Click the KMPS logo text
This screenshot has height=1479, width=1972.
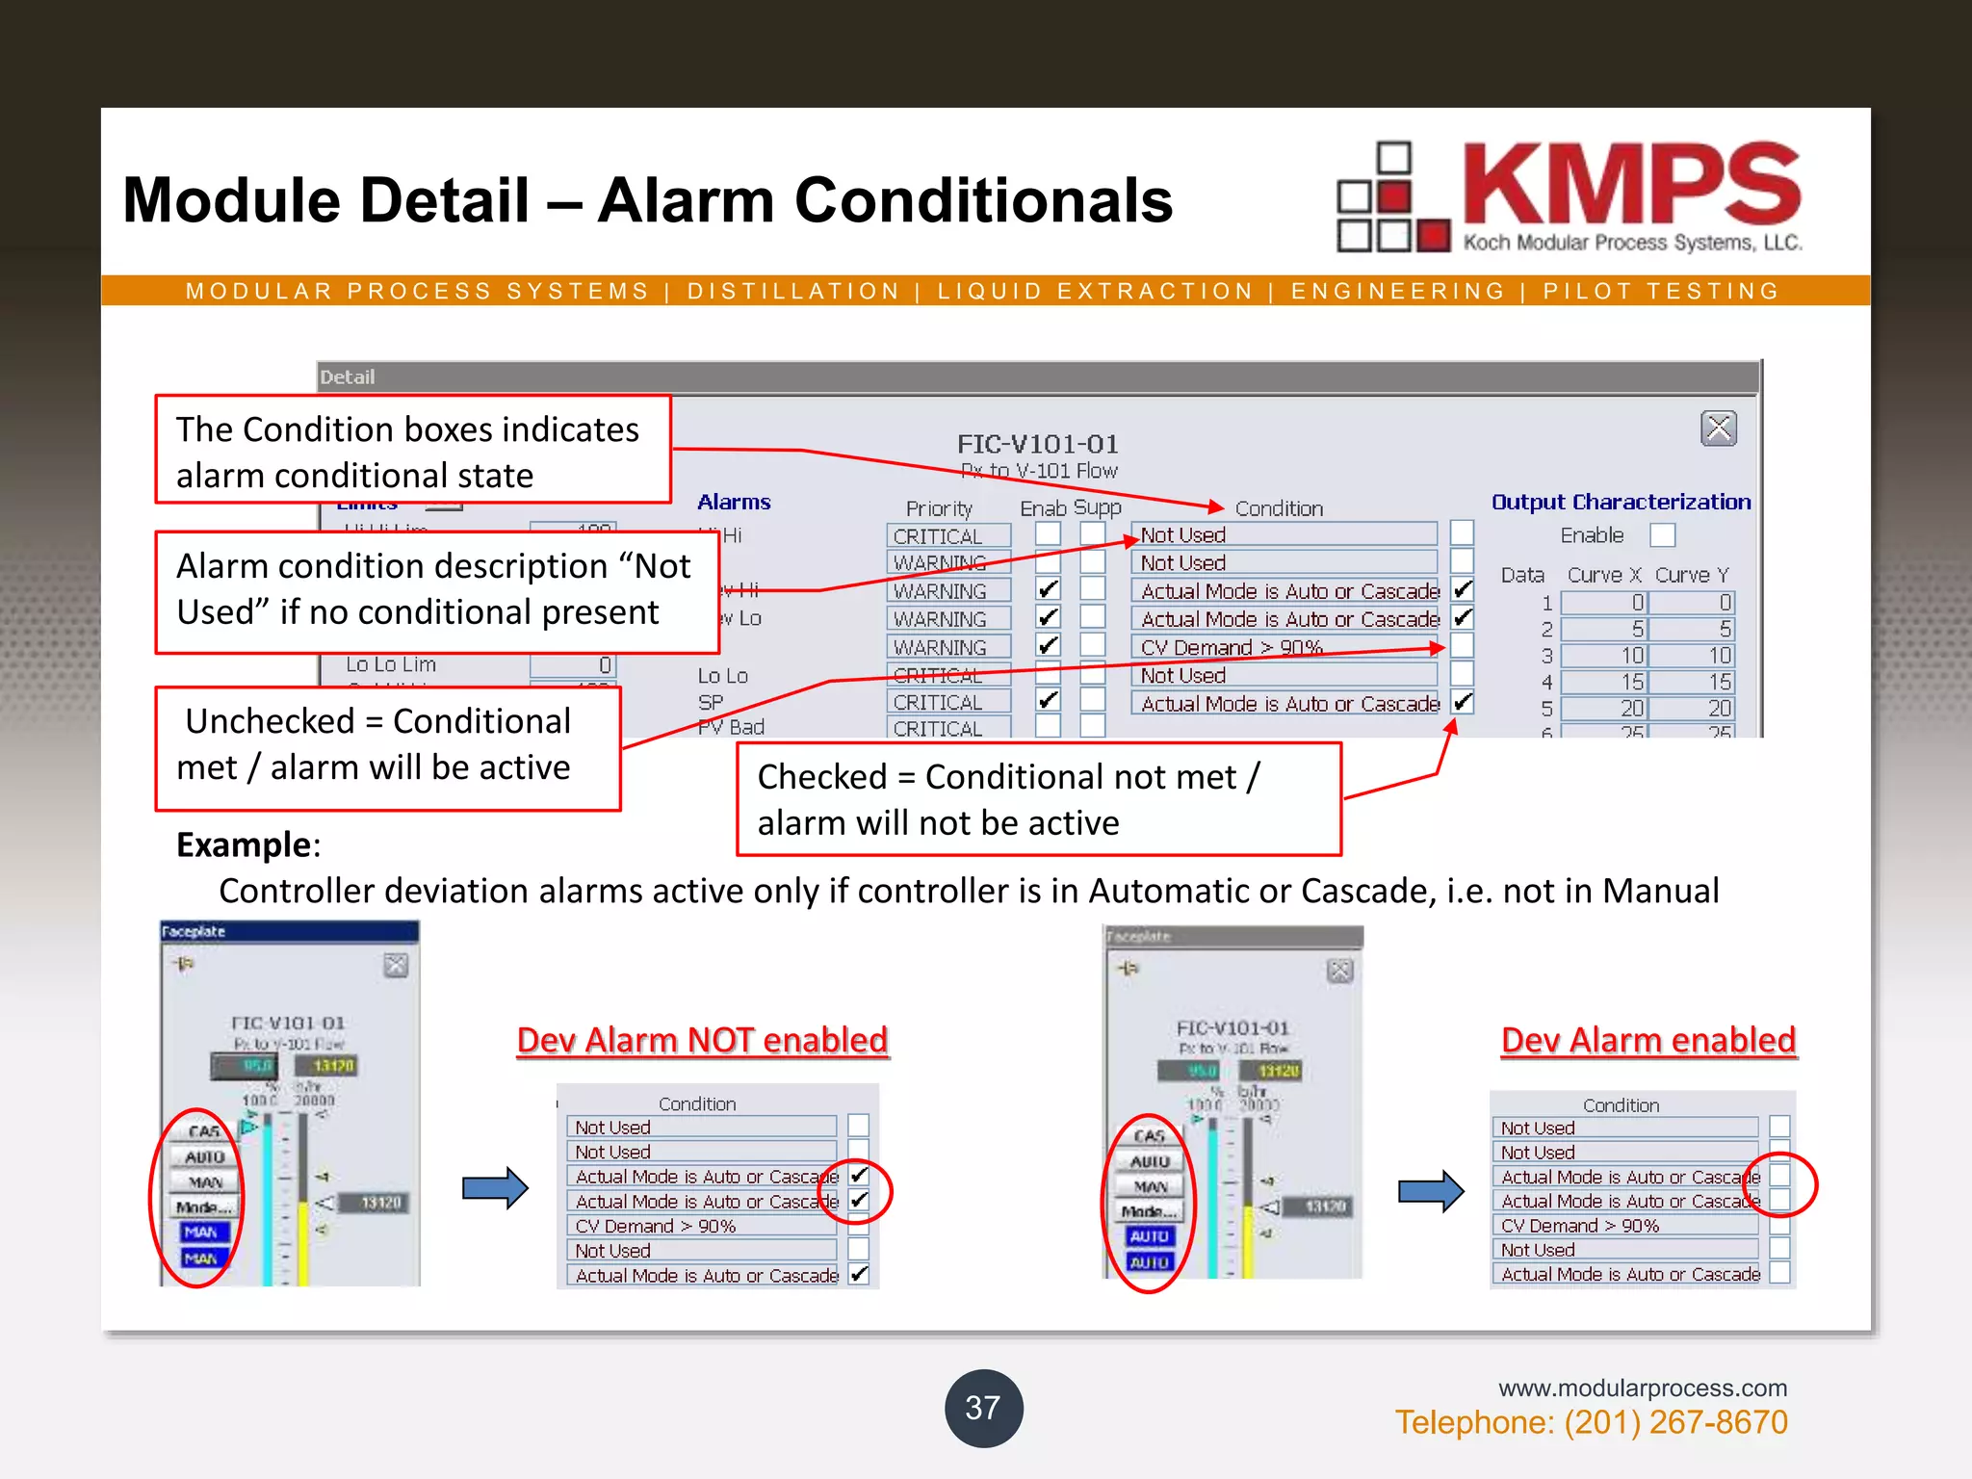point(1631,185)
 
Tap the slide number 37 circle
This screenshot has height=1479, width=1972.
point(983,1408)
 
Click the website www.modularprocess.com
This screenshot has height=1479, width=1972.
point(1642,1388)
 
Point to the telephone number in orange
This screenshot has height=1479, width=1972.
point(1591,1422)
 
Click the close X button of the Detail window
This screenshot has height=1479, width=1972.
point(1718,428)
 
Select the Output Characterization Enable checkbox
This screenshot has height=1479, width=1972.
point(1662,534)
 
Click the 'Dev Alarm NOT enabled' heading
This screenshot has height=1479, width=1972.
point(702,1040)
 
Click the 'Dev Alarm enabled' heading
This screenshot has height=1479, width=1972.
point(1648,1040)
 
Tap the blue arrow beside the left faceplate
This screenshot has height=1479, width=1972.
point(495,1188)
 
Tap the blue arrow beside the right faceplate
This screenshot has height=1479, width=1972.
point(1431,1192)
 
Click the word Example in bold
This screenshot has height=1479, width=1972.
point(244,844)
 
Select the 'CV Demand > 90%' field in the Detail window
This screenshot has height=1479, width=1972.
point(1284,647)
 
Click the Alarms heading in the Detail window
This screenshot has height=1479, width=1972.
point(734,502)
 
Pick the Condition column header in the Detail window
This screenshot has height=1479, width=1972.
point(1279,507)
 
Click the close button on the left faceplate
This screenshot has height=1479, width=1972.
point(396,965)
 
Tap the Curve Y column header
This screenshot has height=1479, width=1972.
point(1692,575)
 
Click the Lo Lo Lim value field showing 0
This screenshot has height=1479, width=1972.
point(573,664)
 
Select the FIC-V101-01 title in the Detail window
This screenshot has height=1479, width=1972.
point(1037,444)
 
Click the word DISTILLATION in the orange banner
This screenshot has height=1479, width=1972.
point(793,291)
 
